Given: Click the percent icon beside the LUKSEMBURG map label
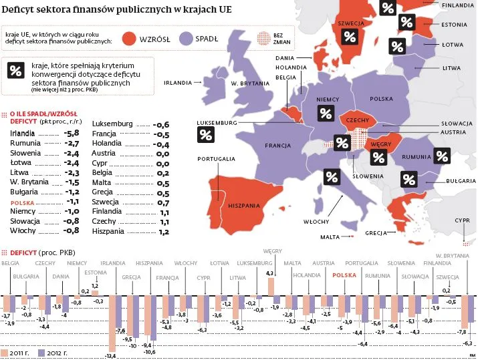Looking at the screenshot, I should point(206,135).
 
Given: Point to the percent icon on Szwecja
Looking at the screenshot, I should point(350,37).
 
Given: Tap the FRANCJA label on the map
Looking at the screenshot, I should point(276,146).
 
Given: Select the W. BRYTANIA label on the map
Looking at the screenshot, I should point(249,83).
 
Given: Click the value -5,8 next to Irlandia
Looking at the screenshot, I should point(72,133).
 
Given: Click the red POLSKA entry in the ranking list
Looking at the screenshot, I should point(24,201).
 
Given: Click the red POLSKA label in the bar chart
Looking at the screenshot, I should point(344,275).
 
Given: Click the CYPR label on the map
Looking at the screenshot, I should point(462,220).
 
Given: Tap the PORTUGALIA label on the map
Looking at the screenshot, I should point(215,158).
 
